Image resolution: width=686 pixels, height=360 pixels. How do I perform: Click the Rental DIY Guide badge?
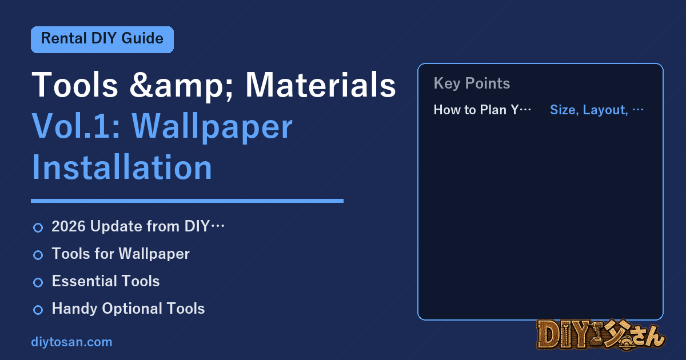[x=102, y=39]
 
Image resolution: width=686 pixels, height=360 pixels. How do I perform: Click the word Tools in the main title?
[x=75, y=85]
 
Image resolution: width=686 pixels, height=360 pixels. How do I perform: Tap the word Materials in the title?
[x=321, y=85]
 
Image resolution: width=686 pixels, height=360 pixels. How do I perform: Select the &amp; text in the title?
[x=181, y=86]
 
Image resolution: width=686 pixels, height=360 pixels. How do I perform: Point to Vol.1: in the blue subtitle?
[x=75, y=126]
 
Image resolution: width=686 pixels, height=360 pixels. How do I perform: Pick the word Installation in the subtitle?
[x=122, y=167]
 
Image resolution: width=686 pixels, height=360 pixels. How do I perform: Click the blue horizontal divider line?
[x=187, y=201]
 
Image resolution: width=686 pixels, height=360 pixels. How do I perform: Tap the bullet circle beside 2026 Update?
[x=38, y=228]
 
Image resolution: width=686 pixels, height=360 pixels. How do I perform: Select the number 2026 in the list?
[x=69, y=226]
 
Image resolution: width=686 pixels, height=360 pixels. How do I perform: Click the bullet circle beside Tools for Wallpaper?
[x=38, y=255]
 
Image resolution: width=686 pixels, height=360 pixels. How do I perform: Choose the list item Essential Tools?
[x=106, y=281]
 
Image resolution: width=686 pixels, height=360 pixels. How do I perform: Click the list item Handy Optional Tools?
[x=128, y=309]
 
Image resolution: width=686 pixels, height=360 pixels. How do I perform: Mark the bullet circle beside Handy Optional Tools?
[x=38, y=310]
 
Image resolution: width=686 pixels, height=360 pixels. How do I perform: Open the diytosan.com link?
[x=71, y=342]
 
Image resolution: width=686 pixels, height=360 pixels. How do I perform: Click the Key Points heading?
[x=472, y=83]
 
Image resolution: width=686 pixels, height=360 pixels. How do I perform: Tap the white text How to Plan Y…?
[x=482, y=110]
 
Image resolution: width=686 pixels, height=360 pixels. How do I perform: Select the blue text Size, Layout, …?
[x=597, y=110]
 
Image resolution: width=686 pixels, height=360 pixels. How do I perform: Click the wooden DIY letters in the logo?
[x=564, y=335]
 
